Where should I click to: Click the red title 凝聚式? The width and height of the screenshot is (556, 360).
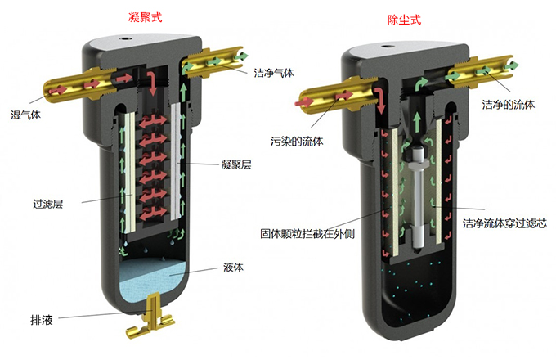pyautogui.click(x=145, y=17)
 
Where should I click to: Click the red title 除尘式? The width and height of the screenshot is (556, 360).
pyautogui.click(x=404, y=19)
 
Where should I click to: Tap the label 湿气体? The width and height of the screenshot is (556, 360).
pyautogui.click(x=25, y=115)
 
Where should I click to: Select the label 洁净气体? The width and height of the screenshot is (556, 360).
pyautogui.click(x=274, y=73)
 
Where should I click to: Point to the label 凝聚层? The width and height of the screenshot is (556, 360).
pyautogui.click(x=236, y=164)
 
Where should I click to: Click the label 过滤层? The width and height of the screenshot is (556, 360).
pyautogui.click(x=48, y=204)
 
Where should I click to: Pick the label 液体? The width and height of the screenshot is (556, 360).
pyautogui.click(x=233, y=267)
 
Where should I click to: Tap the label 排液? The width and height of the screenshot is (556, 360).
pyautogui.click(x=42, y=320)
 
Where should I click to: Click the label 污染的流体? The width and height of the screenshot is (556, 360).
pyautogui.click(x=297, y=142)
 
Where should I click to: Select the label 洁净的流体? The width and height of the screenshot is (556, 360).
pyautogui.click(x=508, y=104)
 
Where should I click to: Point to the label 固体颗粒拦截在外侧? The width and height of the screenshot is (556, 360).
pyautogui.click(x=307, y=234)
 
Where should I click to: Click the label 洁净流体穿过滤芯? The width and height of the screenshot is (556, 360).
pyautogui.click(x=504, y=223)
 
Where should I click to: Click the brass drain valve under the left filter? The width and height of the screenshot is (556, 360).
pyautogui.click(x=150, y=317)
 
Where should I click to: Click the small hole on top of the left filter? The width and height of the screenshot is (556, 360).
pyautogui.click(x=125, y=38)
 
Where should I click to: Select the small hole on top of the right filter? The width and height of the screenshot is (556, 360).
pyautogui.click(x=386, y=46)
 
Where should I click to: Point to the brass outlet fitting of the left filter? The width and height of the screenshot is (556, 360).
pyautogui.click(x=215, y=62)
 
